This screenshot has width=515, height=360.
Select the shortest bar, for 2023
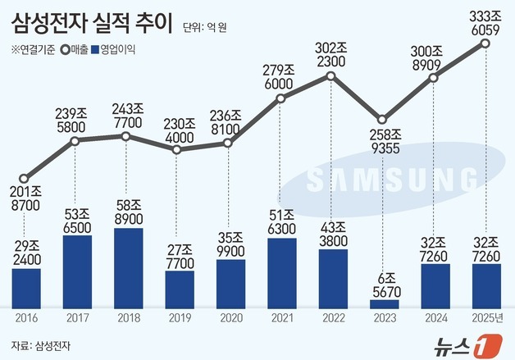click(383, 303)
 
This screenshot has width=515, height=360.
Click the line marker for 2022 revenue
click(330, 76)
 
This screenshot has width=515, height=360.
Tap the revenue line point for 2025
click(485, 43)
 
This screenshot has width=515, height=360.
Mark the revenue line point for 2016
click(25, 178)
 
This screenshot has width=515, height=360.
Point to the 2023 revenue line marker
click(382, 119)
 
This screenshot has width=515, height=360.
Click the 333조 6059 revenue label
click(485, 20)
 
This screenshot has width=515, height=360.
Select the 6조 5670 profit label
click(383, 280)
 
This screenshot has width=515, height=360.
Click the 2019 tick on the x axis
click(178, 317)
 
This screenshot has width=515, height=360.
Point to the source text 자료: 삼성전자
click(46, 344)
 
